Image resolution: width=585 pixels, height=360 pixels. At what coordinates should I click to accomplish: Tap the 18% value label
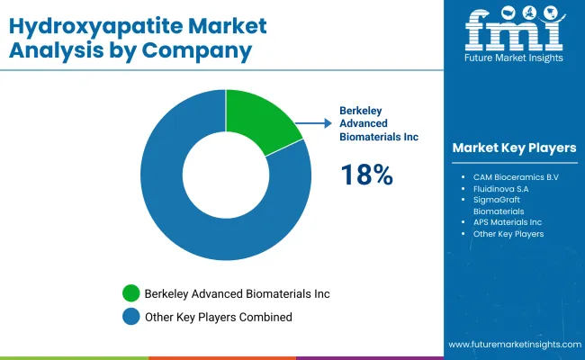366,175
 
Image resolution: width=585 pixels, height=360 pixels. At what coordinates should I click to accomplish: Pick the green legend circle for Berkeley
131,293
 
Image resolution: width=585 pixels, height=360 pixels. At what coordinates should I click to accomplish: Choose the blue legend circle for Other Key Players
131,316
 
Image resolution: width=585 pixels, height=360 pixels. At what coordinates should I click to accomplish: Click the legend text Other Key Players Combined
220,317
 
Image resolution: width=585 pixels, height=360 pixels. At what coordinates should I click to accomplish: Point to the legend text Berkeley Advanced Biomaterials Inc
239,293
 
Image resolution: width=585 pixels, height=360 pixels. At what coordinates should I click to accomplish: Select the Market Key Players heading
514,148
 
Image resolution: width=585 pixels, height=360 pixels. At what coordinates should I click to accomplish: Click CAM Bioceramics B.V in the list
516,176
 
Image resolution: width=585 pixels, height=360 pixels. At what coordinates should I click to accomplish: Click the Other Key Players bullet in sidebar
508,234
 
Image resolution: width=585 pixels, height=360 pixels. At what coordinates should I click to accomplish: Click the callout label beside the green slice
378,123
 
